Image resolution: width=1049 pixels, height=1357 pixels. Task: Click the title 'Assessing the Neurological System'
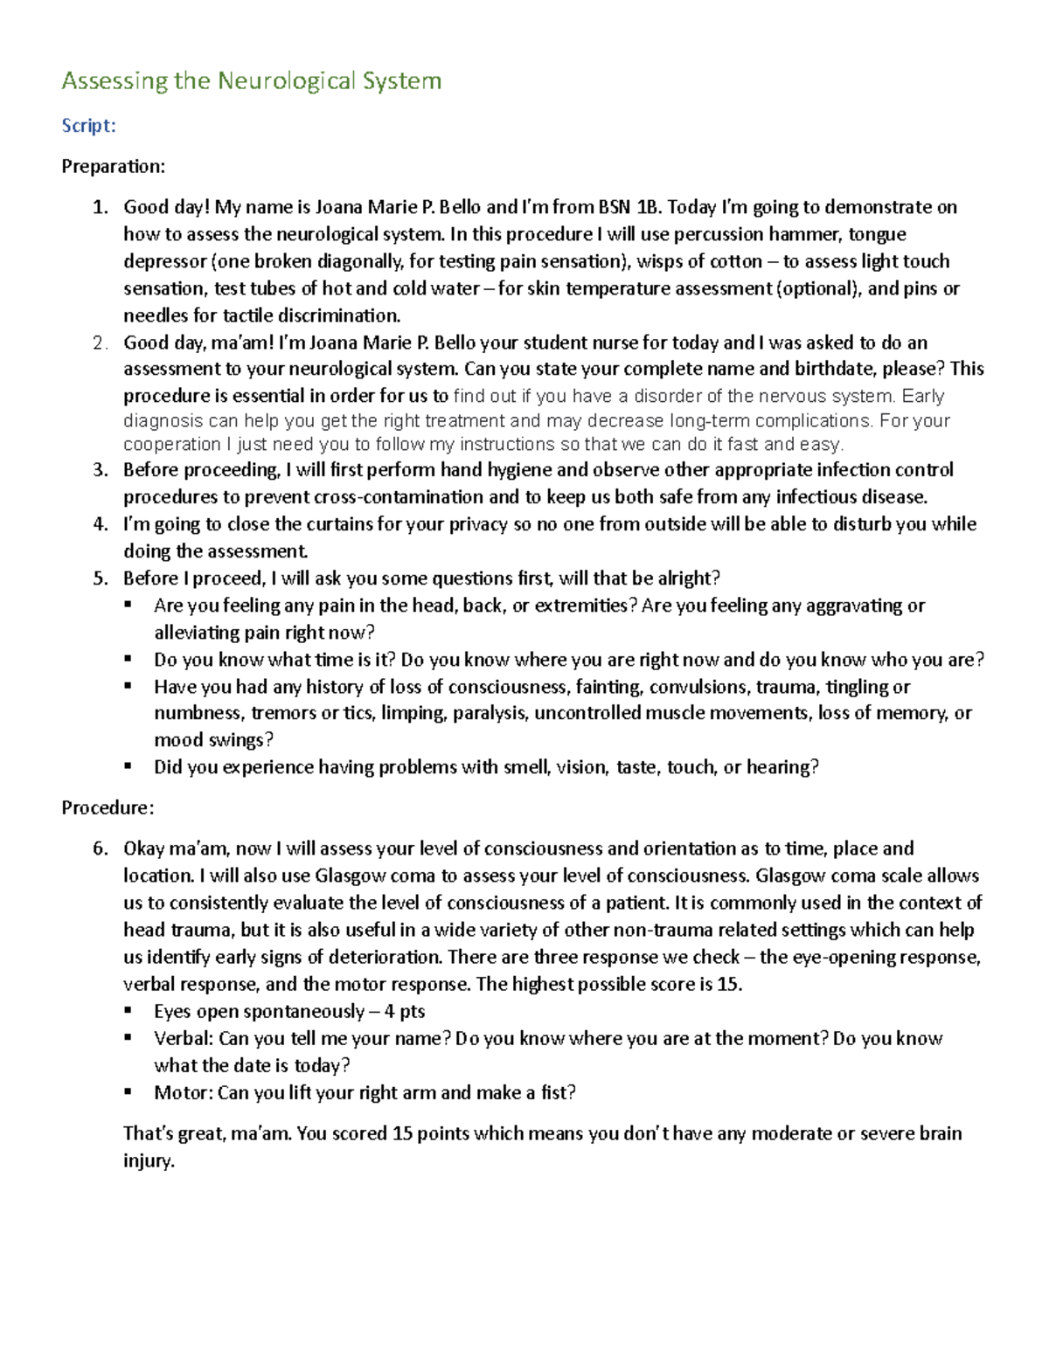[251, 81]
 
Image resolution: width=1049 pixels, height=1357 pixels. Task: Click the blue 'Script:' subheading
[88, 126]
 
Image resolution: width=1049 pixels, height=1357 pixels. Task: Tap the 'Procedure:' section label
[108, 807]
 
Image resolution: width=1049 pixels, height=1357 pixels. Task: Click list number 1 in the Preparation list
[101, 207]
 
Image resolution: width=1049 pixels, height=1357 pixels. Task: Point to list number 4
[101, 524]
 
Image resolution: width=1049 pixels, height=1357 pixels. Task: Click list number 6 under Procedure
[101, 848]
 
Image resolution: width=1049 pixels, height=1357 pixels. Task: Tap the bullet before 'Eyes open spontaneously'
[129, 1010]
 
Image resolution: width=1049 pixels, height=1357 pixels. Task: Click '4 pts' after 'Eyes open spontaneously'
[404, 1011]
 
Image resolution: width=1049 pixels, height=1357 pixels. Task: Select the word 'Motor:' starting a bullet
[183, 1092]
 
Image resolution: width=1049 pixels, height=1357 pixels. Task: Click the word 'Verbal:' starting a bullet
[184, 1038]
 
